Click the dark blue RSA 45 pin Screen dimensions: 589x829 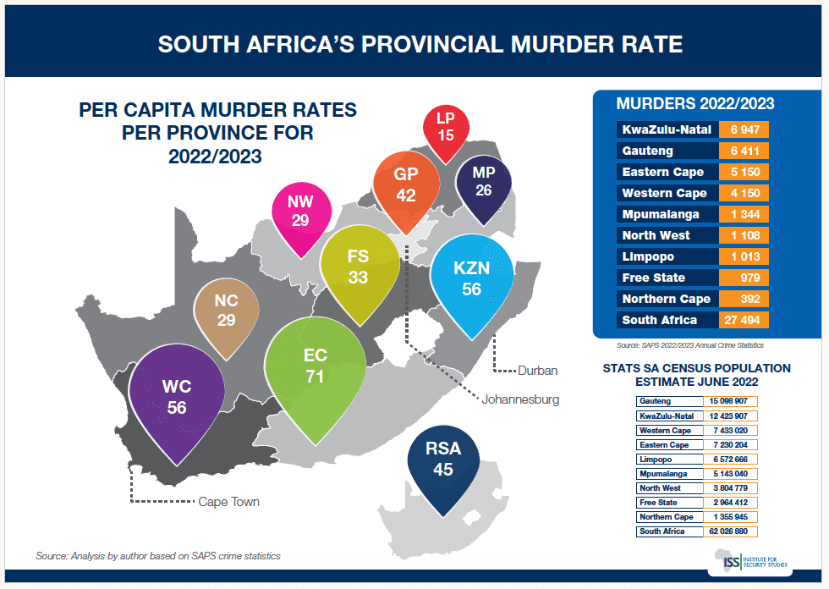coord(443,462)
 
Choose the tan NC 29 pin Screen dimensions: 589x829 coord(226,311)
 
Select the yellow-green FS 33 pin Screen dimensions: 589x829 coord(358,267)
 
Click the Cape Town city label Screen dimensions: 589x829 coord(228,502)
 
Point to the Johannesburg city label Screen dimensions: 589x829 coord(520,399)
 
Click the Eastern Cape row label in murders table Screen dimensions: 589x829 coord(664,173)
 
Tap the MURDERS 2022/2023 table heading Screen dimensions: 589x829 coord(695,104)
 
